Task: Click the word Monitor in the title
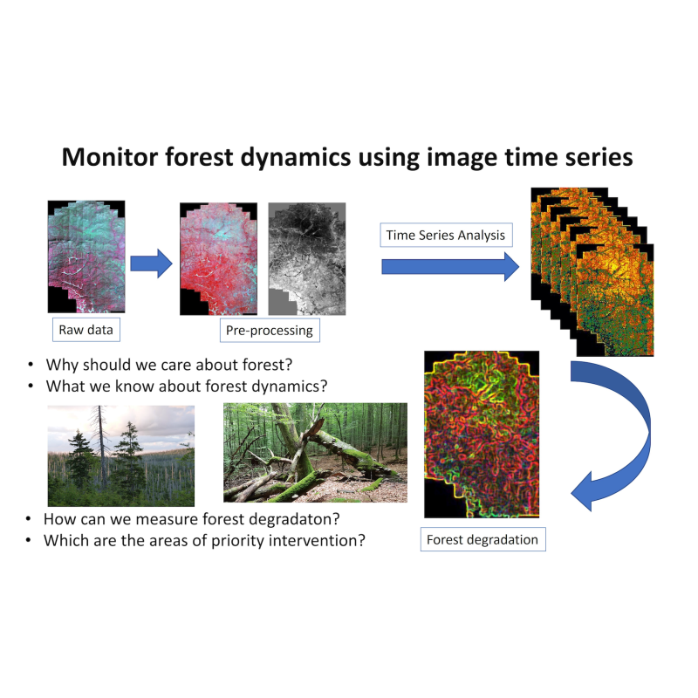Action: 110,157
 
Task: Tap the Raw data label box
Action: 86,330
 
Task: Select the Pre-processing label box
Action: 270,331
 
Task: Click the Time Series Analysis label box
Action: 446,235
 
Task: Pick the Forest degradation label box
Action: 483,539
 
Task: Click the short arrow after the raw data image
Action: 151,263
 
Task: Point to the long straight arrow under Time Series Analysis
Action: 450,267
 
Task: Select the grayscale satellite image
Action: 307,258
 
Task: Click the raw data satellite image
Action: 86,257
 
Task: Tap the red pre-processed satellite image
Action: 219,258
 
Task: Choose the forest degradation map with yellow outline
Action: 482,435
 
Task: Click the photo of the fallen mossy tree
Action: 315,453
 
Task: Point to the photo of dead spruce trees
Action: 121,455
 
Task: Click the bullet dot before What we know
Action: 31,387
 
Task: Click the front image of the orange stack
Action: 615,300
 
